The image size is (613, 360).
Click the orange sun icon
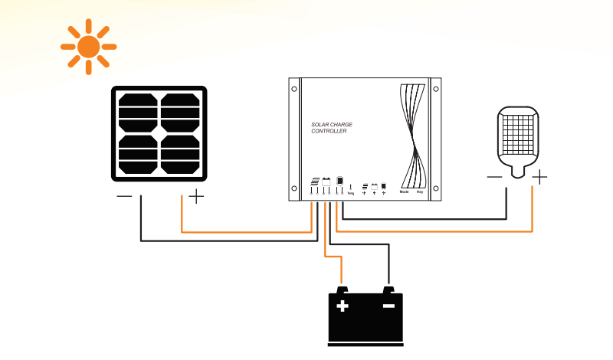pyautogui.click(x=88, y=47)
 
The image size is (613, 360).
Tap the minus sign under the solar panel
pyautogui.click(x=124, y=197)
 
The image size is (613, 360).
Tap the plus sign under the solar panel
pyautogui.click(x=197, y=197)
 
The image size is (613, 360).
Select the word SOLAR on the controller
pyautogui.click(x=320, y=124)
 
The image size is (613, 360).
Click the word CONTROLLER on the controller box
pyautogui.click(x=329, y=132)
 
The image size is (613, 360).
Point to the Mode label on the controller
pyautogui.click(x=404, y=192)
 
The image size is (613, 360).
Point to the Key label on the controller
pyautogui.click(x=420, y=192)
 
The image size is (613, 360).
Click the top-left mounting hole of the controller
pyautogui.click(x=294, y=88)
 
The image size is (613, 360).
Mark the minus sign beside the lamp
pyautogui.click(x=495, y=178)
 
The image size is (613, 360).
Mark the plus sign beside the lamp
pyautogui.click(x=540, y=178)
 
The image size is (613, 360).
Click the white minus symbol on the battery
pyautogui.click(x=388, y=306)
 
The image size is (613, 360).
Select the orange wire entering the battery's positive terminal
pyautogui.click(x=342, y=273)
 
